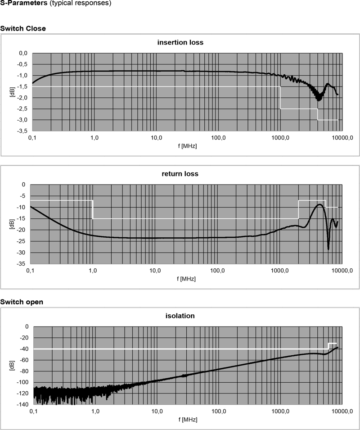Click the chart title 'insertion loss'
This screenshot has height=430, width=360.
tap(180, 43)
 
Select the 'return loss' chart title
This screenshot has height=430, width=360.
tap(180, 174)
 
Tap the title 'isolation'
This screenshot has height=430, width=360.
tap(180, 316)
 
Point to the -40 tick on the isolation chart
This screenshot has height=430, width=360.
tap(23, 349)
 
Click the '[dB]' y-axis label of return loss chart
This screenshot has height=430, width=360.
tap(11, 224)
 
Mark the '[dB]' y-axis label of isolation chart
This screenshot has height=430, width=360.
tap(11, 365)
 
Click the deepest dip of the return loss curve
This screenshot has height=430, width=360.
tap(328, 249)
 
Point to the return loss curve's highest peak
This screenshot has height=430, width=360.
tap(320, 204)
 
